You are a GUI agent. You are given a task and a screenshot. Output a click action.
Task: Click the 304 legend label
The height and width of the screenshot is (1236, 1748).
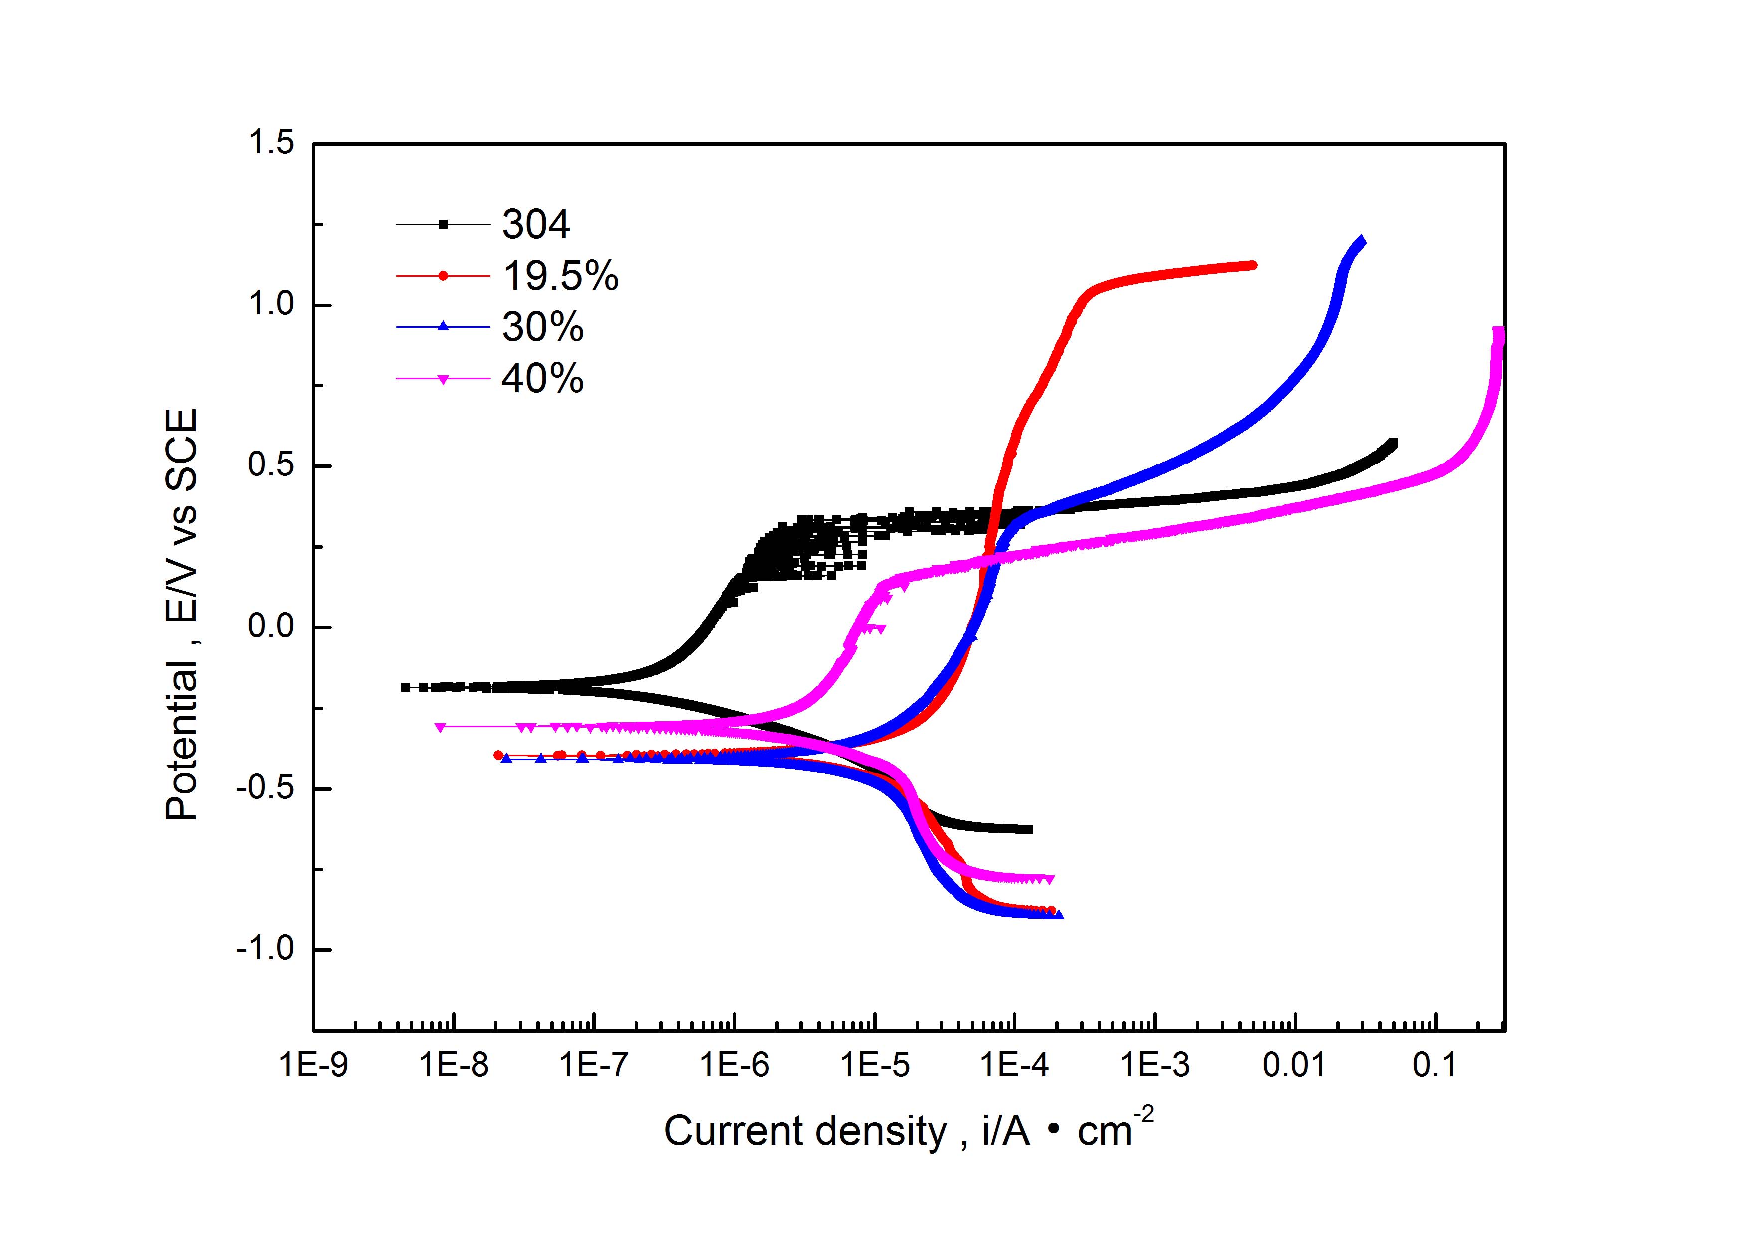coord(536,224)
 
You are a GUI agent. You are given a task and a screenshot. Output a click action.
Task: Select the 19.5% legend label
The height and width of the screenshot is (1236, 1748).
coord(560,276)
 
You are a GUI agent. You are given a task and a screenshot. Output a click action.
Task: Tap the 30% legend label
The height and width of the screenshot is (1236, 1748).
coord(543,327)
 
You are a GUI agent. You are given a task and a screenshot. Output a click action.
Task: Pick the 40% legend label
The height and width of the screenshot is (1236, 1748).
coord(543,378)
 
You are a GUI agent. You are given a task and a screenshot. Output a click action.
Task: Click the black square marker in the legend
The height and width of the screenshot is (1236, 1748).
coord(443,224)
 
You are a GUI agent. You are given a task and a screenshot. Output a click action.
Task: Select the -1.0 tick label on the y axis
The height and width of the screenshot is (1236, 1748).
coord(265,950)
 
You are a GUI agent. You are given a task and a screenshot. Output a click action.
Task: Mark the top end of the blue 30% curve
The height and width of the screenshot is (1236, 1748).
coord(1361,241)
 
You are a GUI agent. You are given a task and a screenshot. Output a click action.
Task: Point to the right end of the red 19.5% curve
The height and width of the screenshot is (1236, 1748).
coord(1253,265)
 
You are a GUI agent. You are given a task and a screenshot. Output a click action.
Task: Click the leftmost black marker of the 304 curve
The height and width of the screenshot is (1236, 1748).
coord(405,686)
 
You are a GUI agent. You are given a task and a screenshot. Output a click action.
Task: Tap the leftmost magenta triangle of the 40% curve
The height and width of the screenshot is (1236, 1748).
coord(439,727)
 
